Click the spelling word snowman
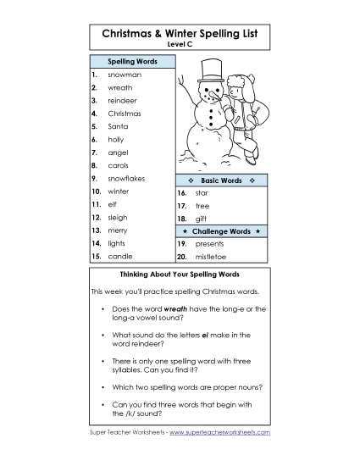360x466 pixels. (125, 75)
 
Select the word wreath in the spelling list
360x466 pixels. (120, 87)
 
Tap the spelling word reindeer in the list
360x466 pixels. (123, 100)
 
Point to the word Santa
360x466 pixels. (117, 126)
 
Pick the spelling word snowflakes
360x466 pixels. (126, 179)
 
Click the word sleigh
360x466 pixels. (118, 217)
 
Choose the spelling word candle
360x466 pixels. (119, 256)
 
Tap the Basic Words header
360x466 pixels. (221, 180)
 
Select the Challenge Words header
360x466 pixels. (221, 231)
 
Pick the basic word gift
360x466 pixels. (201, 219)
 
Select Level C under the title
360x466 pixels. (180, 44)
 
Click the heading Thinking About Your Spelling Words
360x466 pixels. (180, 275)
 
